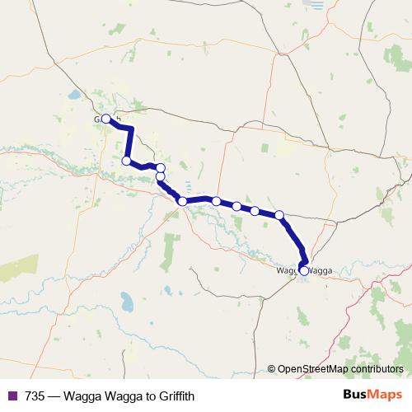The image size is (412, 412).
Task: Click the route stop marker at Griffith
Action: tap(105, 118)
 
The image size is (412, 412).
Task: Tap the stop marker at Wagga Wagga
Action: tap(304, 270)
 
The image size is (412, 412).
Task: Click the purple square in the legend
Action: tap(12, 396)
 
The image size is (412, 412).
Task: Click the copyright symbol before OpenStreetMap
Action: tap(272, 369)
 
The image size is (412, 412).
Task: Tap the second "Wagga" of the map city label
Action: tap(319, 270)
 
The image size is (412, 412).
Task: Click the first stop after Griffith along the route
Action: tap(126, 161)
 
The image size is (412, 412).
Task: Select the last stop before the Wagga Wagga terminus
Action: tap(279, 215)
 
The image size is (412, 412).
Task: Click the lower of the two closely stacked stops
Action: tap(161, 176)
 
